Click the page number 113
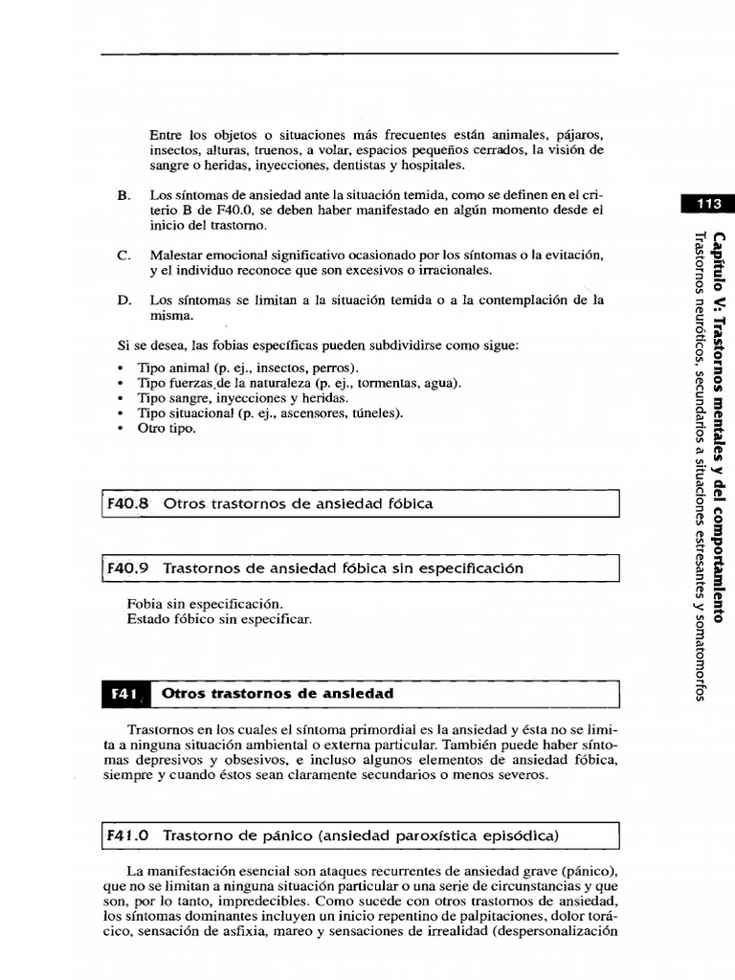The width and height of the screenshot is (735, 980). [708, 203]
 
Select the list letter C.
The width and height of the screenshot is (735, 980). [122, 256]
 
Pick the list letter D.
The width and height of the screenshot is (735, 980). [122, 300]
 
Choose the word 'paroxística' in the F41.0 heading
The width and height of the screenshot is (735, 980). [431, 835]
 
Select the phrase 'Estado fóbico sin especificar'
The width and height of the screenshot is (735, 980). [219, 619]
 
